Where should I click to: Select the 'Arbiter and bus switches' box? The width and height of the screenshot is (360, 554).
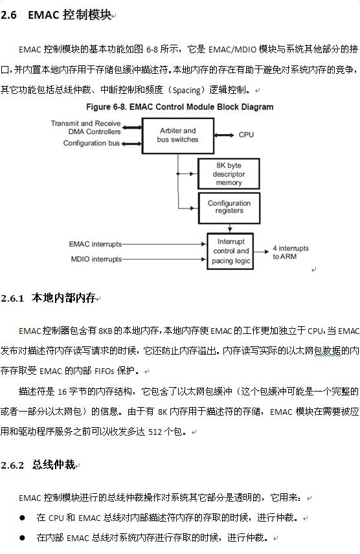177,135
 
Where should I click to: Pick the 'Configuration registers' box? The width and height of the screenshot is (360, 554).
229,207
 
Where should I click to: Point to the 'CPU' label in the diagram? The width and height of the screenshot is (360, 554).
246,135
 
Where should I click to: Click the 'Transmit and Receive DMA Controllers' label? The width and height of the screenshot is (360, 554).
85,127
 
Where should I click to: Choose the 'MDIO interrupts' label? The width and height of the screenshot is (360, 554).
96,259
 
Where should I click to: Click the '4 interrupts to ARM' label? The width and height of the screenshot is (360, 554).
290,252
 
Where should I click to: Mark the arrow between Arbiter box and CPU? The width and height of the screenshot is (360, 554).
224,135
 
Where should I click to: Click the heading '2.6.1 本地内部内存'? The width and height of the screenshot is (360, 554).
49,298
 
